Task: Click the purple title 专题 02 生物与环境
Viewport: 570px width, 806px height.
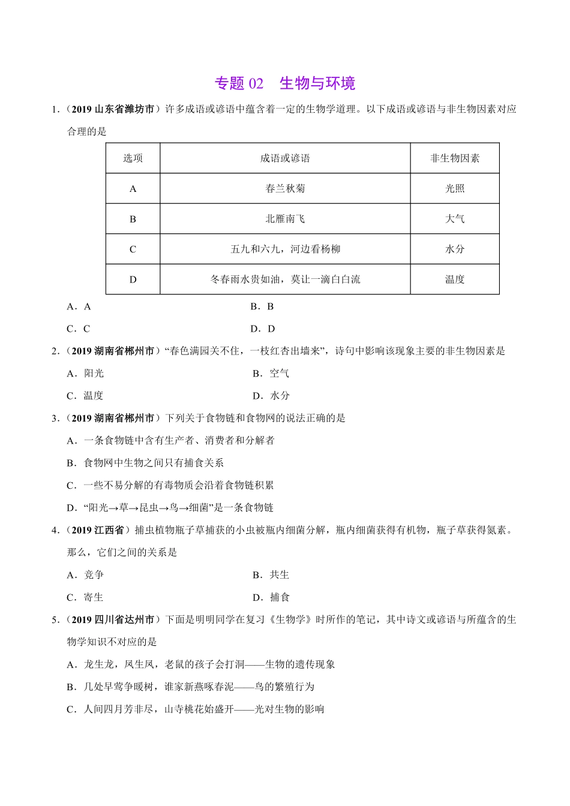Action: [285, 83]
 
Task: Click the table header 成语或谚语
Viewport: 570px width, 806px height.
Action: [285, 158]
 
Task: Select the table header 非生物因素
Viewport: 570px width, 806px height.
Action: [455, 158]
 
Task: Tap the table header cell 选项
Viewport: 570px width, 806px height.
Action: [133, 158]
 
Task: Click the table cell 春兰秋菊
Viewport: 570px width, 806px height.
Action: [285, 188]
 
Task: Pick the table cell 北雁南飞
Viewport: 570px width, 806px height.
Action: [285, 219]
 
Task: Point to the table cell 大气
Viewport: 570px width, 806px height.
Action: [455, 219]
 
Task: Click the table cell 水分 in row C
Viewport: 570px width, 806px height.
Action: [455, 249]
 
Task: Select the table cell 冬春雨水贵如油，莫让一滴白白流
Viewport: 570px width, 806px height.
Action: [285, 279]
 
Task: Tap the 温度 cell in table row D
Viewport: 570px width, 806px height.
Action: [455, 279]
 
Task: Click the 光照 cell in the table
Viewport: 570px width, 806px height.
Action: [455, 188]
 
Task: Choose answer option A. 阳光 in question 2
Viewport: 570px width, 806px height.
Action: [86, 374]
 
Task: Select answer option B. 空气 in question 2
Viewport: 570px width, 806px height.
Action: [271, 374]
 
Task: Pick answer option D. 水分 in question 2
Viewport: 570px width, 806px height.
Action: [271, 396]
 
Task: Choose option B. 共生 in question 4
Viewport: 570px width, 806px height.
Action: [271, 575]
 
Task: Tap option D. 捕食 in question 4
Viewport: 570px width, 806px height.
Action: [271, 597]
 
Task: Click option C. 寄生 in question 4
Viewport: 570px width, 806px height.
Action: [86, 597]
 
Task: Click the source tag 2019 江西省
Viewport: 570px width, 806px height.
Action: [97, 530]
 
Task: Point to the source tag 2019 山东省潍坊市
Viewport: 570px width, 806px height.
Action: [113, 109]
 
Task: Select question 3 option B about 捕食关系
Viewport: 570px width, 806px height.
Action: [145, 463]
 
